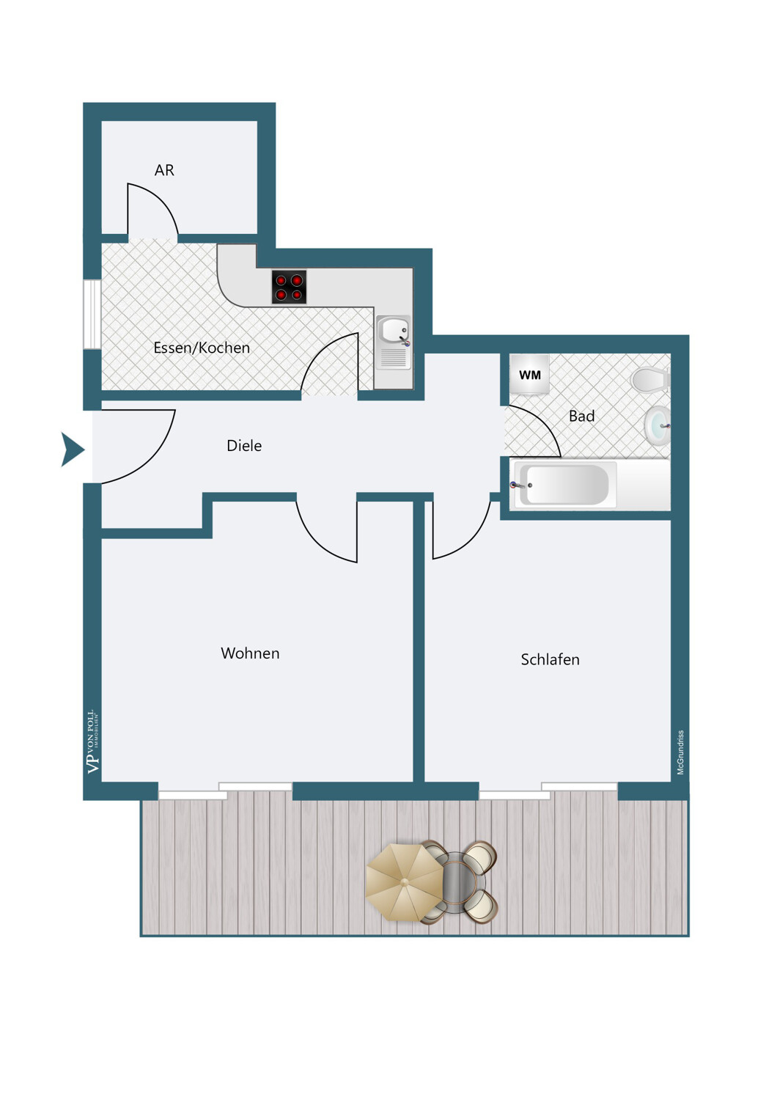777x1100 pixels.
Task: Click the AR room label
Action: pyautogui.click(x=164, y=170)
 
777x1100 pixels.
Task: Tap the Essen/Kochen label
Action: pyautogui.click(x=202, y=348)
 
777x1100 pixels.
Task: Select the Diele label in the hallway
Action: pyautogui.click(x=244, y=445)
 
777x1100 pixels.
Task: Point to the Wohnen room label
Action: pyautogui.click(x=250, y=653)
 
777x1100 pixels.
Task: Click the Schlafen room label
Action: pyautogui.click(x=550, y=659)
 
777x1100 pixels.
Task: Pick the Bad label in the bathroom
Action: pyautogui.click(x=581, y=416)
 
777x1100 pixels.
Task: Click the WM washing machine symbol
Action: pyautogui.click(x=529, y=375)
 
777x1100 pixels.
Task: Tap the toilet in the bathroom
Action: pyautogui.click(x=649, y=380)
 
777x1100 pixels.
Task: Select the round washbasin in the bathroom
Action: pyautogui.click(x=658, y=425)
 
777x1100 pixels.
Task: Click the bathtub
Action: pyautogui.click(x=564, y=485)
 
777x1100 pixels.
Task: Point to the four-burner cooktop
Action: pyautogui.click(x=289, y=287)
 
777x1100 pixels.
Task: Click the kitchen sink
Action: pyautogui.click(x=394, y=331)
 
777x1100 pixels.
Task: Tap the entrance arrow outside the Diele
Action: pyautogui.click(x=72, y=450)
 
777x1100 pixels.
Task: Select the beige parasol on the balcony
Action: pyautogui.click(x=404, y=881)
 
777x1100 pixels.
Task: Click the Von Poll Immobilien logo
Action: pyautogui.click(x=92, y=741)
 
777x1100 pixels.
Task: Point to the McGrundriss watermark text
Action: pyautogui.click(x=680, y=752)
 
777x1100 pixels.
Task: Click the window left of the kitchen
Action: pyautogui.click(x=92, y=314)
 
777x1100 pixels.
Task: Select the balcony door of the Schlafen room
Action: pyautogui.click(x=548, y=791)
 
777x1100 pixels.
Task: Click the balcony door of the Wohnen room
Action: pyautogui.click(x=225, y=791)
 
